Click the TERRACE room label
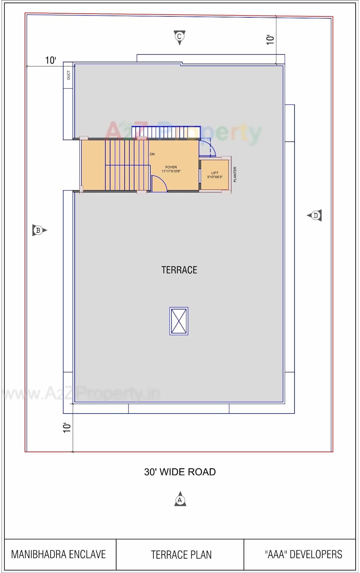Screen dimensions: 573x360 (x=179, y=270)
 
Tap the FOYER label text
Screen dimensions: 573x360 (x=171, y=167)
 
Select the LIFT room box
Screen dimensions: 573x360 (x=215, y=175)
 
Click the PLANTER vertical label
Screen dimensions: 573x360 (x=235, y=174)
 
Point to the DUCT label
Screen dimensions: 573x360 (x=68, y=75)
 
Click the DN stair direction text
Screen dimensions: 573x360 (x=152, y=154)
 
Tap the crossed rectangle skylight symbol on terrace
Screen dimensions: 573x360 (x=179, y=321)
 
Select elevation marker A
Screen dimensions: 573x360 (x=180, y=500)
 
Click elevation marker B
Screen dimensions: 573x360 (x=39, y=230)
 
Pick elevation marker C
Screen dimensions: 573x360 (x=179, y=37)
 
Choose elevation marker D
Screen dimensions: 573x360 (x=315, y=216)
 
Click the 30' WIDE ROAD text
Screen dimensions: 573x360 (x=180, y=472)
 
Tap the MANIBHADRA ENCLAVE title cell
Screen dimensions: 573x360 (x=59, y=554)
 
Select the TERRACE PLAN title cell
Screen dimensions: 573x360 (x=181, y=555)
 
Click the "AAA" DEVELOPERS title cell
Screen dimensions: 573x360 (x=303, y=554)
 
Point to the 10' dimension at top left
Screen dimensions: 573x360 (x=51, y=60)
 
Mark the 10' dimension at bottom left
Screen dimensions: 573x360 (x=67, y=428)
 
